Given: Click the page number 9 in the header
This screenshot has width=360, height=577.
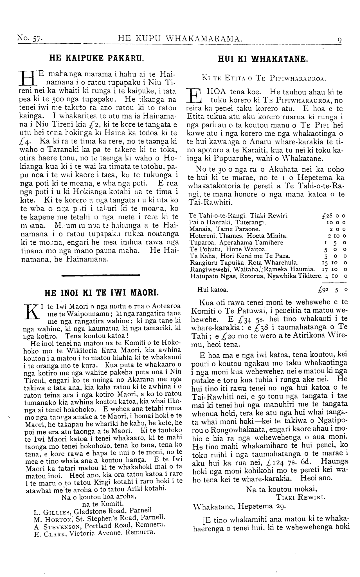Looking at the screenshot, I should [339, 40].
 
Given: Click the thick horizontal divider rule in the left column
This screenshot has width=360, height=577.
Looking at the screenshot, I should [100, 275].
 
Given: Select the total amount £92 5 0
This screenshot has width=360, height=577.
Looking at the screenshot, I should [332, 289].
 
